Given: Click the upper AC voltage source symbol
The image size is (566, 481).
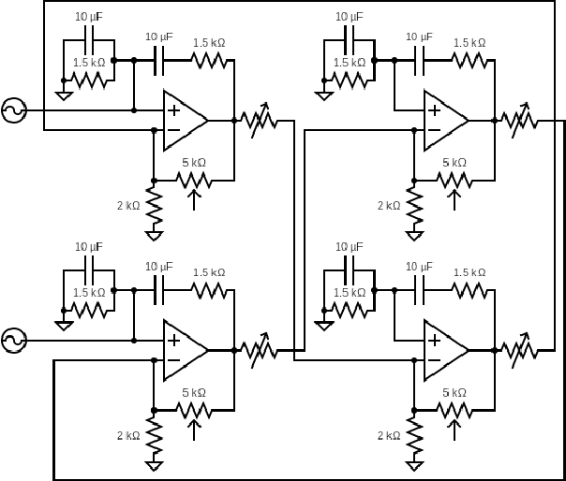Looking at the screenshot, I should click(14, 110).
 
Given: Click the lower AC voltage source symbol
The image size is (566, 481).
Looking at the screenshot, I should click(14, 340).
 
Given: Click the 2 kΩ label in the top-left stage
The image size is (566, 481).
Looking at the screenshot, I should click(127, 205).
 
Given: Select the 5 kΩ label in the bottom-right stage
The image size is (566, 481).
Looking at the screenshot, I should click(454, 392).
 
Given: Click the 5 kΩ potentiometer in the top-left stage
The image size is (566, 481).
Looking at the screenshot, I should click(194, 180).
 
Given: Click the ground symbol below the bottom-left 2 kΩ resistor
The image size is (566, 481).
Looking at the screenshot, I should click(154, 465).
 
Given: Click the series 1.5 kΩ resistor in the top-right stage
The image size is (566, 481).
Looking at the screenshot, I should click(469, 60).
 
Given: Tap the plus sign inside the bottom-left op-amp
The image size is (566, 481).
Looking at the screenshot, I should click(173, 339).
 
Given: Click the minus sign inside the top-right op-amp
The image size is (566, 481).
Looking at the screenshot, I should click(434, 132).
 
